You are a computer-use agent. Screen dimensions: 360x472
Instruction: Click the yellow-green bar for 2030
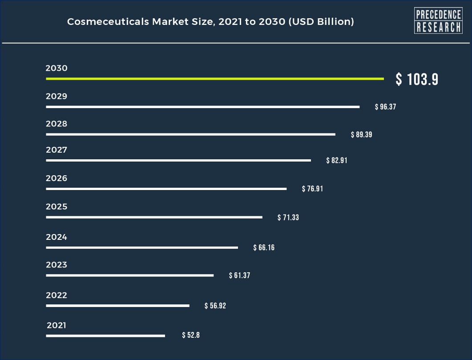[215, 79]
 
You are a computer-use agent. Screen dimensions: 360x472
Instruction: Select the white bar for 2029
[202, 107]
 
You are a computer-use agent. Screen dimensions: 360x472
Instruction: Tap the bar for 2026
[166, 189]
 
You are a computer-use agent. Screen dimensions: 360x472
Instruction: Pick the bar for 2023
[129, 275]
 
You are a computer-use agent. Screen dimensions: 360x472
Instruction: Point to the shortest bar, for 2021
[105, 336]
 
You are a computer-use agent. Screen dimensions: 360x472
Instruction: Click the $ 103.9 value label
[417, 79]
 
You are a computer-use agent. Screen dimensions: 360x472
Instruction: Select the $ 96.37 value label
[385, 107]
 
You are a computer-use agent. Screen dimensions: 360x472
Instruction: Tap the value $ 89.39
[361, 134]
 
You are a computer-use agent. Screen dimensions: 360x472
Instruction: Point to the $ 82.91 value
[337, 160]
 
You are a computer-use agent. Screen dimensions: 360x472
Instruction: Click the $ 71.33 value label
[288, 218]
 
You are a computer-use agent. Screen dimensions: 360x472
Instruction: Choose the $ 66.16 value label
[264, 247]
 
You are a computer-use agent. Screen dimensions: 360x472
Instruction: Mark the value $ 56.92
[215, 306]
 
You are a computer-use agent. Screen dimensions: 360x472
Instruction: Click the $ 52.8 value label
[191, 335]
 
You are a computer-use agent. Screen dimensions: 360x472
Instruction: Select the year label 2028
[56, 124]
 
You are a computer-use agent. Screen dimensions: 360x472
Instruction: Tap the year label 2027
[56, 150]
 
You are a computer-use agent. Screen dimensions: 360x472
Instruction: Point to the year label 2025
[56, 207]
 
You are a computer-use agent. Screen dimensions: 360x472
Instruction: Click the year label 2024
[56, 237]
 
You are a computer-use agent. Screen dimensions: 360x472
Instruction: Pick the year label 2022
[56, 295]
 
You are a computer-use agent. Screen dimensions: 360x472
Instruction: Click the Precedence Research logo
[438, 21]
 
